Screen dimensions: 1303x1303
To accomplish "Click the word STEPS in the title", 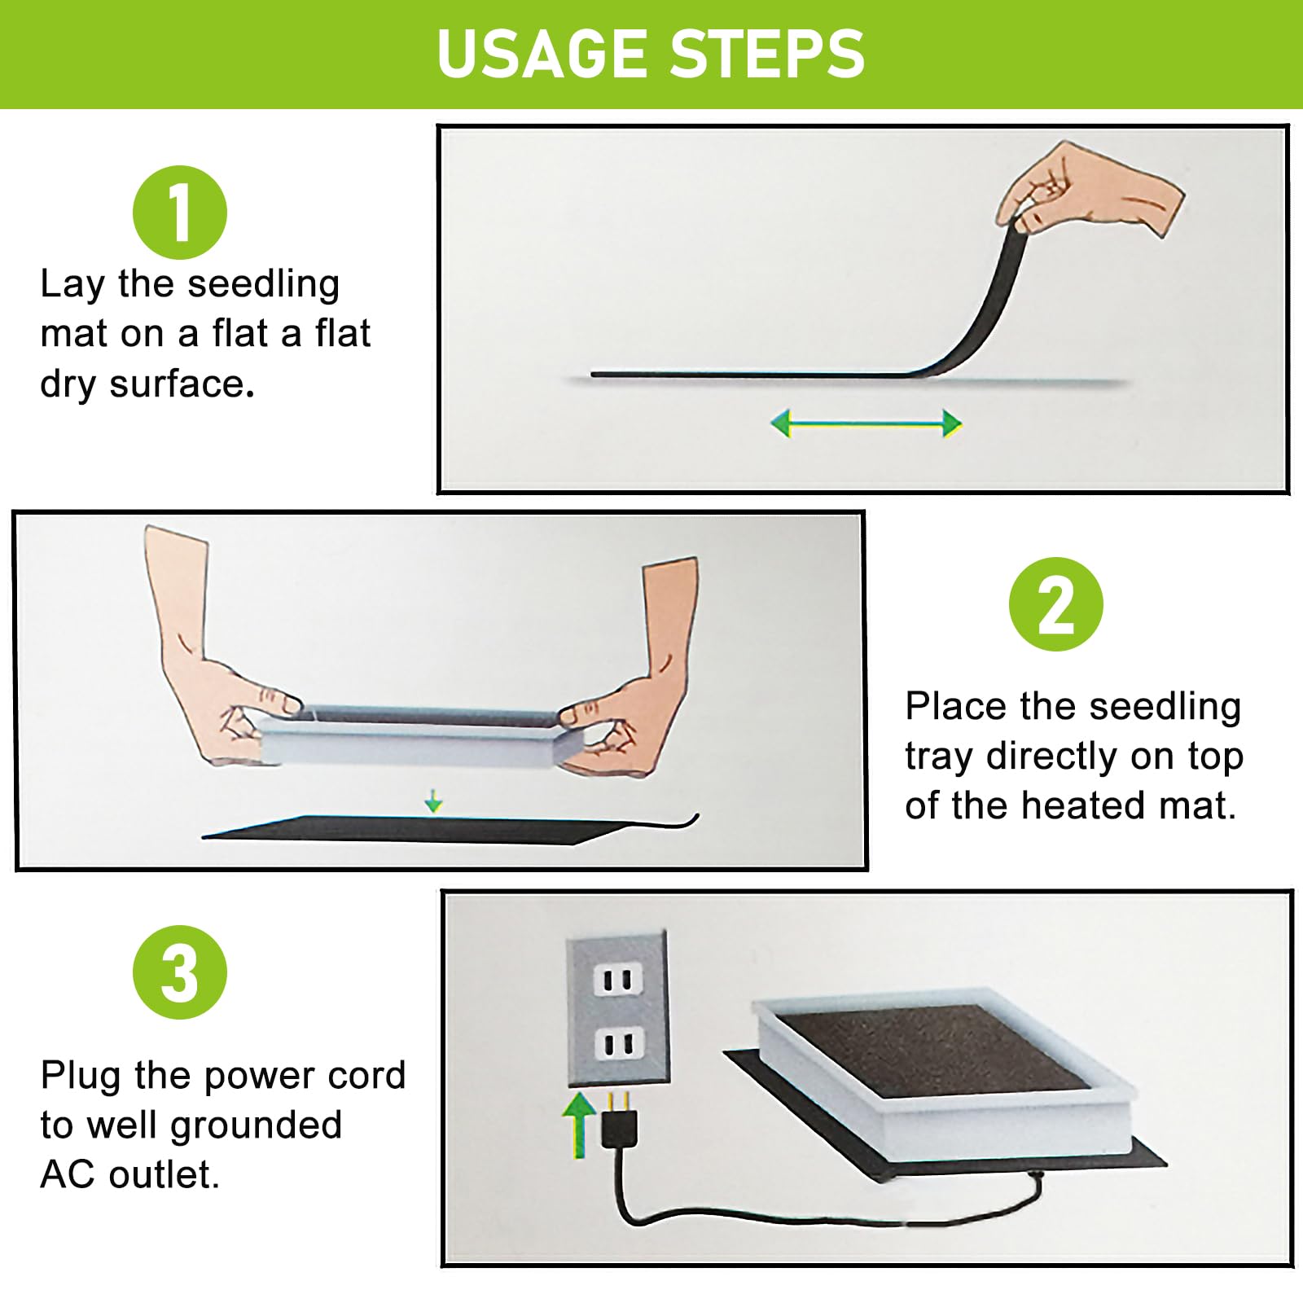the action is (769, 54).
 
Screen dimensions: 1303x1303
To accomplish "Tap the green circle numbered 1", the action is (180, 213).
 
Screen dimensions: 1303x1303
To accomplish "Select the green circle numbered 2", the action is (1056, 604).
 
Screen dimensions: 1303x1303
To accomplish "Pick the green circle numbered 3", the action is (180, 972).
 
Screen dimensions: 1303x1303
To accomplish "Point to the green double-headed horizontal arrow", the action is (866, 423).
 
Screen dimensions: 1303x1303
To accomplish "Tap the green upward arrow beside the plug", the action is (579, 1125).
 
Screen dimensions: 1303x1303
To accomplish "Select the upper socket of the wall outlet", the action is (618, 980).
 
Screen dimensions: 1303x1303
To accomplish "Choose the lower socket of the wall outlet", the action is (618, 1044).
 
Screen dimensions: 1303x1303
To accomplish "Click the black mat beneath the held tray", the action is (423, 829).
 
